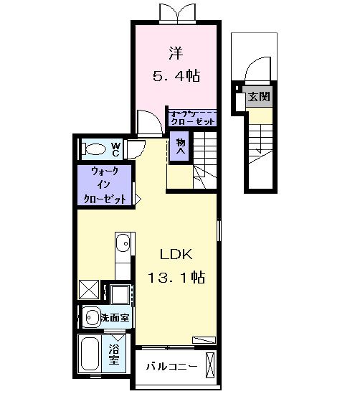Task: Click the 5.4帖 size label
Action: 175,74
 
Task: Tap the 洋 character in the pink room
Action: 175,52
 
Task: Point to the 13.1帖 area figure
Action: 176,277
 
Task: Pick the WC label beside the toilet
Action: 114,149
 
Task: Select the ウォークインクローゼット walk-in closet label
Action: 104,184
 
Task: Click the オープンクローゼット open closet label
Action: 191,117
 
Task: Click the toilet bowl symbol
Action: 94,149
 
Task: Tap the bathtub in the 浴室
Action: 91,355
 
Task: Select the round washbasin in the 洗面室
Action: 92,316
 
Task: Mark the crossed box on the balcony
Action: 210,366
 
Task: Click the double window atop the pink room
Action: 175,13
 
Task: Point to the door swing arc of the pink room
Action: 146,120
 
